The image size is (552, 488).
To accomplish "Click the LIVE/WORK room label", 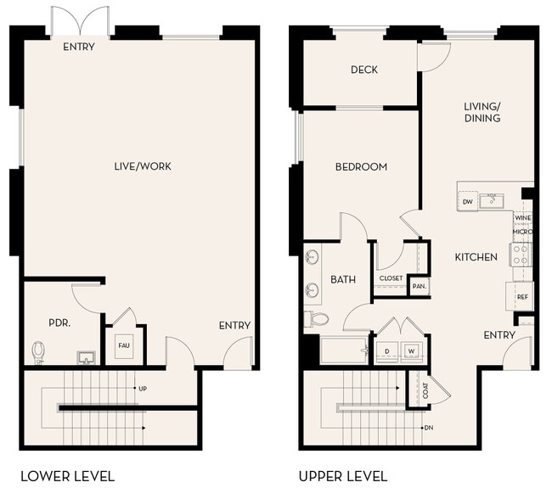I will [143, 166].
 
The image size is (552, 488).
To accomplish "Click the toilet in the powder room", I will [38, 351].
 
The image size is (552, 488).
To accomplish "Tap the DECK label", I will [364, 70].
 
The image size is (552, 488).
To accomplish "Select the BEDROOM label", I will [361, 167].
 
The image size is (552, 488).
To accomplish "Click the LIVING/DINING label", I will [482, 112].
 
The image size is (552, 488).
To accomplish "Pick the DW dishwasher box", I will [468, 202].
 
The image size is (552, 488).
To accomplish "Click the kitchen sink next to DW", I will [491, 200].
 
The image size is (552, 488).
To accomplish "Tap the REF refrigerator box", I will [522, 297].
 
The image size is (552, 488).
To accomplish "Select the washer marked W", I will [411, 350].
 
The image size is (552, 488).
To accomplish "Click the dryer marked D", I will [387, 350].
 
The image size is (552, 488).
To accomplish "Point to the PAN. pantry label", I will [419, 287].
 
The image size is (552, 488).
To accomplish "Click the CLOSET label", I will [391, 278].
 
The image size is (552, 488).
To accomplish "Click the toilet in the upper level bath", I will [316, 319].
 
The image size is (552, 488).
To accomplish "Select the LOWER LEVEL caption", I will [67, 476].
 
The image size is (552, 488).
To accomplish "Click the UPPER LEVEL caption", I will [343, 476].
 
